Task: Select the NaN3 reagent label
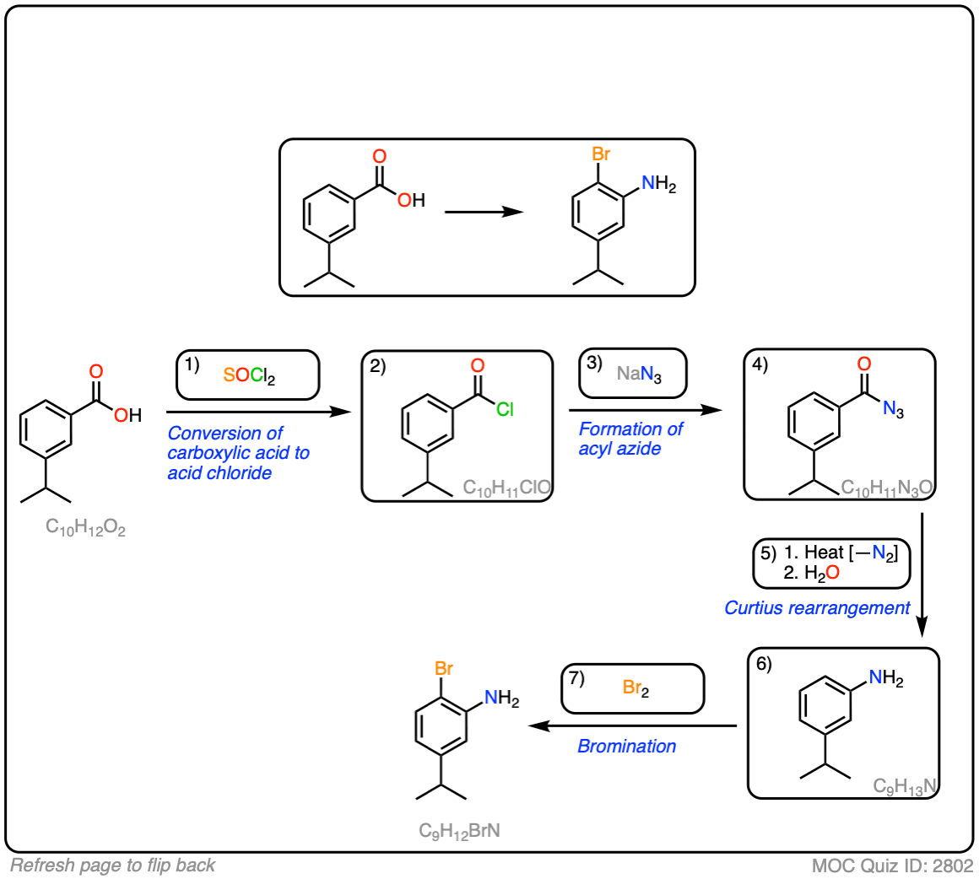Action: point(639,374)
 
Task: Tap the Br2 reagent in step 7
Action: point(636,688)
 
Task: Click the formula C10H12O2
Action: point(85,528)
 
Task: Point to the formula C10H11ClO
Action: point(506,488)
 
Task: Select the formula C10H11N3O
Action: point(886,488)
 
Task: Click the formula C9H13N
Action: point(905,786)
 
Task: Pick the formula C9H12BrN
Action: point(459,831)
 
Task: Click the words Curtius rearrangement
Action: point(817,607)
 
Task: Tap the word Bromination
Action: point(626,746)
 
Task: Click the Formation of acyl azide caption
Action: point(630,439)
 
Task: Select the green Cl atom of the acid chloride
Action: point(505,410)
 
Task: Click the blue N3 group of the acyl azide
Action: point(893,410)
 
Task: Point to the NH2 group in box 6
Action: point(885,678)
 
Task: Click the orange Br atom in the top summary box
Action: point(601,154)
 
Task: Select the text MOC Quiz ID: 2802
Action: point(892,866)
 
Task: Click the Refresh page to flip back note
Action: point(112,866)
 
